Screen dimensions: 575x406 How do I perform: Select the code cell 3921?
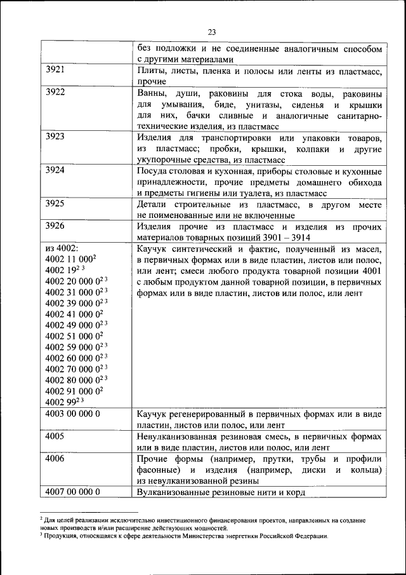56,71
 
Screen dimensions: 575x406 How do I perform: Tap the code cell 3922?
56,93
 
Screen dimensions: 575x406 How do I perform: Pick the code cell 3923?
56,137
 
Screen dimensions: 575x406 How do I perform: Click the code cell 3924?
56,171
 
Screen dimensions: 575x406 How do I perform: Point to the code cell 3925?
56,204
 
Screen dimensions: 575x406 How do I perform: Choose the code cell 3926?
56,226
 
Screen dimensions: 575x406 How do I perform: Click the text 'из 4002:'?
62,248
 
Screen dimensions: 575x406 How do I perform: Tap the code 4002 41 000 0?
73,314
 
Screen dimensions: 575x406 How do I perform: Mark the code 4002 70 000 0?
73,369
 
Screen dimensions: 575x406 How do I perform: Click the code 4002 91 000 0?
73,391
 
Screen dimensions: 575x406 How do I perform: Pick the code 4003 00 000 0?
73,414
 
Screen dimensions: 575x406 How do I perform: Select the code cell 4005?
56,436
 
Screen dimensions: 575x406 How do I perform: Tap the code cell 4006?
56,458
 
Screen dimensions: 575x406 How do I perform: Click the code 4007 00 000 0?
73,492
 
